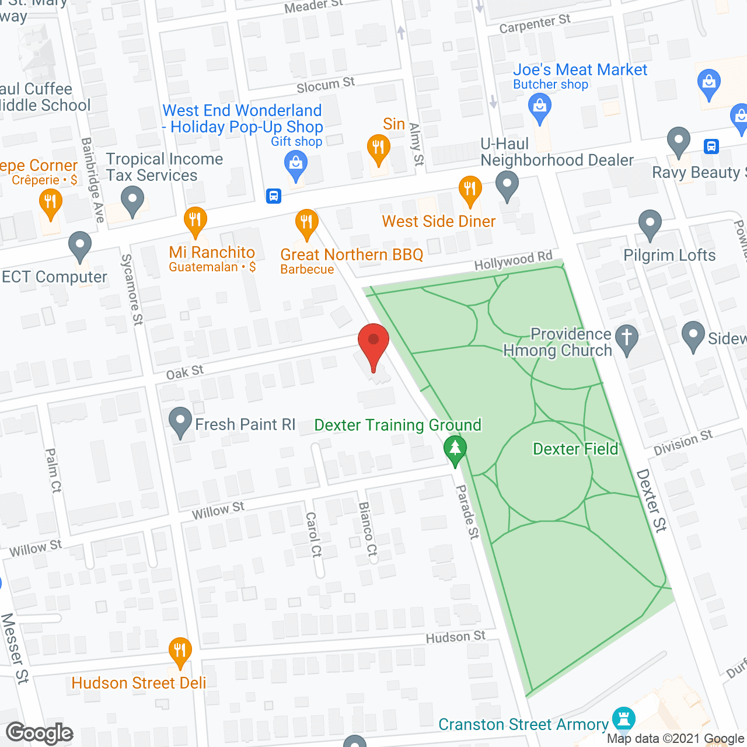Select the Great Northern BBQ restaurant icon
click(x=306, y=222)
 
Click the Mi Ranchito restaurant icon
click(x=195, y=221)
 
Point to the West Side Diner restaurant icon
click(x=470, y=189)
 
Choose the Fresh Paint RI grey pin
click(x=180, y=421)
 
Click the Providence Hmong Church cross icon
click(x=627, y=338)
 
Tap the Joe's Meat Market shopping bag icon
click(x=539, y=107)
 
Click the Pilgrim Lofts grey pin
click(x=650, y=224)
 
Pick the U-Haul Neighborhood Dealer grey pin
click(x=507, y=184)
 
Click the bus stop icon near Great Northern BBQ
click(x=274, y=196)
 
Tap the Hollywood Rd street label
click(x=513, y=260)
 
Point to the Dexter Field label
click(x=575, y=449)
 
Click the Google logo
click(x=40, y=733)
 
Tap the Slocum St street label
click(x=326, y=85)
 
